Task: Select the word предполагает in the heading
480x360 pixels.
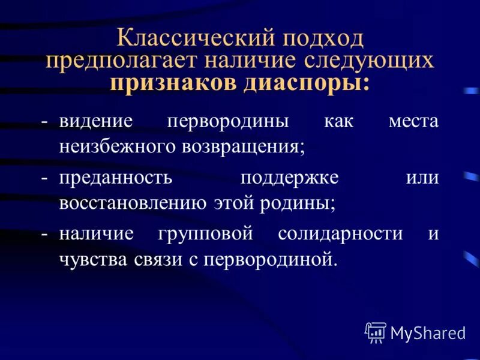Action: click(x=119, y=61)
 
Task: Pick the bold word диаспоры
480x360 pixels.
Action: click(x=307, y=83)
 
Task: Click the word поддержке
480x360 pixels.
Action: click(x=289, y=178)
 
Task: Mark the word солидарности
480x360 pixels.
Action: click(x=340, y=234)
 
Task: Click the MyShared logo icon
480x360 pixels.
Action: click(x=376, y=332)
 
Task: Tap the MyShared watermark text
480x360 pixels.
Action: click(x=428, y=332)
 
